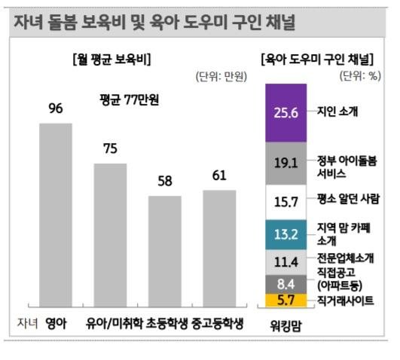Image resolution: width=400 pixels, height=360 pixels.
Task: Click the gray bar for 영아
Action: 56,215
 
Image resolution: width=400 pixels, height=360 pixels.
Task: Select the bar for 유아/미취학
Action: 110,235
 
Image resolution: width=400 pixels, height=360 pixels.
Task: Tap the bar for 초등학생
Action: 165,251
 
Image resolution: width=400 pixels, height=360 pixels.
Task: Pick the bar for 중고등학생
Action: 219,249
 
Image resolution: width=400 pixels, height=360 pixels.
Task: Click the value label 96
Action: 56,108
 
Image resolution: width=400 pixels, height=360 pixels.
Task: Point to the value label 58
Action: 165,182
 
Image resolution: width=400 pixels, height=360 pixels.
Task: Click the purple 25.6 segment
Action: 286,113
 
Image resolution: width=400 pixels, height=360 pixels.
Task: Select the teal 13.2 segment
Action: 286,234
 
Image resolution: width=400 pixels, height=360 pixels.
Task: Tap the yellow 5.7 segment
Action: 286,300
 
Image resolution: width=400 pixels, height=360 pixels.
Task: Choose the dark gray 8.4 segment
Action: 286,284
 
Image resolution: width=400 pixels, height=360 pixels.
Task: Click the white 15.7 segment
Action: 286,202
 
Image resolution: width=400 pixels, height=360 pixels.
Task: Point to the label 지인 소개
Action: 337,111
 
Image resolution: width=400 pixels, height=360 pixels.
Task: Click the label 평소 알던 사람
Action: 348,199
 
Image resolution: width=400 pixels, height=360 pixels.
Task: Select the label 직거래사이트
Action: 346,301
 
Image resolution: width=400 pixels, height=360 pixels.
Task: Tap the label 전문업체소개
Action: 346,258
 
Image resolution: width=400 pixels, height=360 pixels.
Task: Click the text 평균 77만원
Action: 129,99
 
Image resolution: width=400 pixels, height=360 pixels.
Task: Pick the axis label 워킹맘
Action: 285,325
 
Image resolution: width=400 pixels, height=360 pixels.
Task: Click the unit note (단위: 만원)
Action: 221,76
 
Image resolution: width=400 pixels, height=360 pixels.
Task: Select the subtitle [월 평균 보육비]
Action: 111,59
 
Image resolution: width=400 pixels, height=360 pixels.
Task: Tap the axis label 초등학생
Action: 166,323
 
